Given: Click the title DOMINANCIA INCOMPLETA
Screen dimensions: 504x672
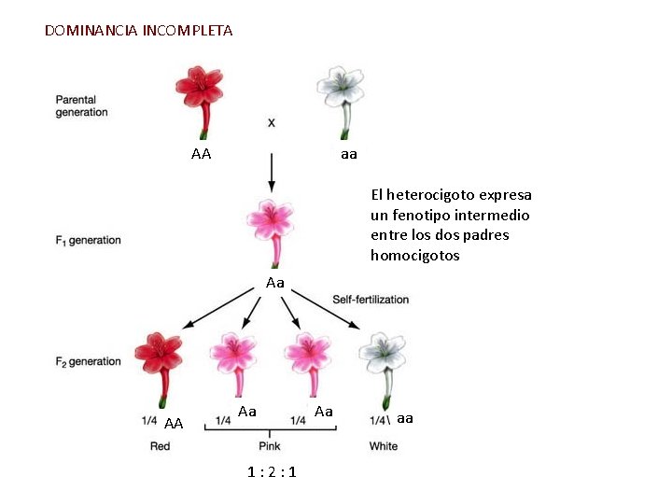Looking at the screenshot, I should (139, 31).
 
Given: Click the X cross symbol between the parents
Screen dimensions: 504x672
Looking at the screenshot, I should (272, 122).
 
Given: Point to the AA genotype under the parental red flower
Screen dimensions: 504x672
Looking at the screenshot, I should (201, 154).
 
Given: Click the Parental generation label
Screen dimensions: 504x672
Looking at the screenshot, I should (82, 106).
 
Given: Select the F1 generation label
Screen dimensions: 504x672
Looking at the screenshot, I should (89, 241).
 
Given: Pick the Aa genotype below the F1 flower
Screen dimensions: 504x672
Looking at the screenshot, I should (274, 282).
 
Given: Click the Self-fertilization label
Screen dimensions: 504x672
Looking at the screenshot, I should (371, 300).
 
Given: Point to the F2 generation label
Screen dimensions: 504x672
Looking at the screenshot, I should (89, 361).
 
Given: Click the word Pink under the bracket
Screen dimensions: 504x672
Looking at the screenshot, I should (270, 446).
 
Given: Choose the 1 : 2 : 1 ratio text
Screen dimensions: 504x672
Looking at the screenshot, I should (272, 472).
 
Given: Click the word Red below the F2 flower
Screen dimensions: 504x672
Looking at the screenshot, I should (161, 446).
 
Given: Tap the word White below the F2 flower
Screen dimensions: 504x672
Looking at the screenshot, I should (383, 446).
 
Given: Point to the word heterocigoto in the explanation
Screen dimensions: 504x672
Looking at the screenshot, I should (429, 195).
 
